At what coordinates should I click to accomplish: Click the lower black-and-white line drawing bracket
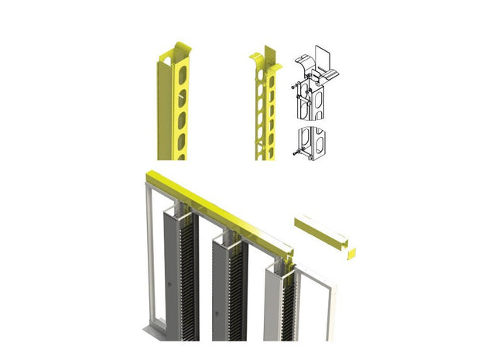(x=312, y=140)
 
